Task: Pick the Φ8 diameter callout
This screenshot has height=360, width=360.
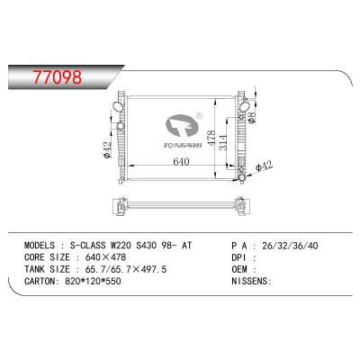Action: (255, 117)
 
